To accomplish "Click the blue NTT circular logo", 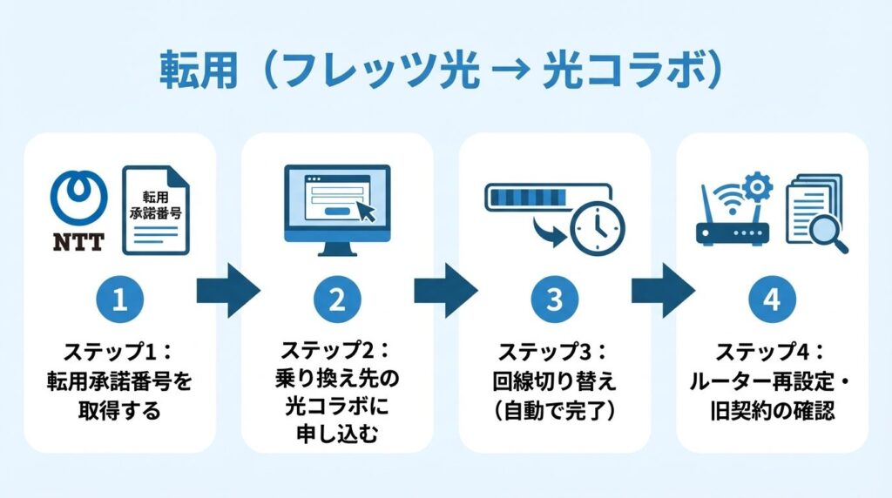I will point(79,197).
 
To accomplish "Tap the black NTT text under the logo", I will point(79,241).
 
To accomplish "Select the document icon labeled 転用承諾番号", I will point(156,210).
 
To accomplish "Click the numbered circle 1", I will point(119,299).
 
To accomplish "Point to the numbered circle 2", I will point(337,299).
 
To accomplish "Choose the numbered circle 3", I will point(555,299).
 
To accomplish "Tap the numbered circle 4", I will point(772,299).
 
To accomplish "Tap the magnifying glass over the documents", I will point(828,235).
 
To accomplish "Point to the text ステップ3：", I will point(554,353).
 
